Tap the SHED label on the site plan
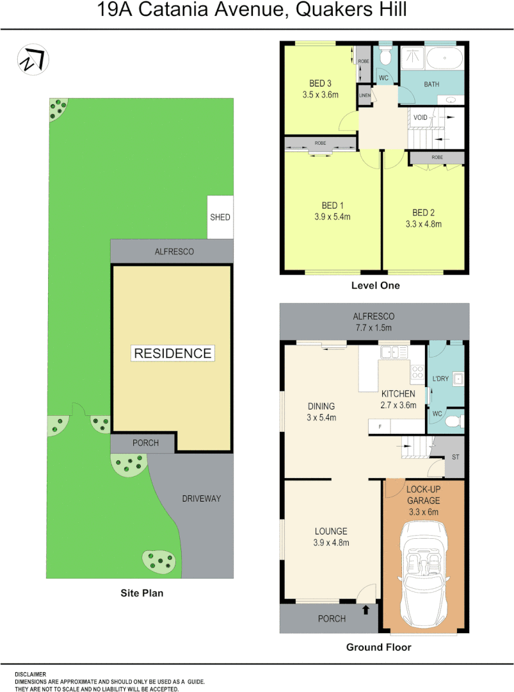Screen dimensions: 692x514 [220, 217]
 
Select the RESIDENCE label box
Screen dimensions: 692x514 [172, 353]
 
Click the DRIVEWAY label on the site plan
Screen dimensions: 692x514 [201, 498]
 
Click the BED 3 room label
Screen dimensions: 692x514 [320, 83]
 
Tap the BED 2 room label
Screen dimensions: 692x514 [423, 213]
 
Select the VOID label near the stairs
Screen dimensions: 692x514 [420, 117]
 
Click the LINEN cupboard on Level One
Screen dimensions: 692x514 [365, 95]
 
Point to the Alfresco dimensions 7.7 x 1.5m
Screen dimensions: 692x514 [374, 327]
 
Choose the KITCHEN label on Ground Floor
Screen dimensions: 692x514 [398, 393]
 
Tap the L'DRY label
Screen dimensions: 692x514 [440, 379]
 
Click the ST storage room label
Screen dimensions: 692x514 [455, 457]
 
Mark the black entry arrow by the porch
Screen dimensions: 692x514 [365, 609]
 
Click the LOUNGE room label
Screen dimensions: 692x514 [331, 531]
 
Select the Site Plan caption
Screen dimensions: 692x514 [142, 593]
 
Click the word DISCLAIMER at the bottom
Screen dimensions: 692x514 [30, 674]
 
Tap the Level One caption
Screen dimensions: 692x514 [375, 286]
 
